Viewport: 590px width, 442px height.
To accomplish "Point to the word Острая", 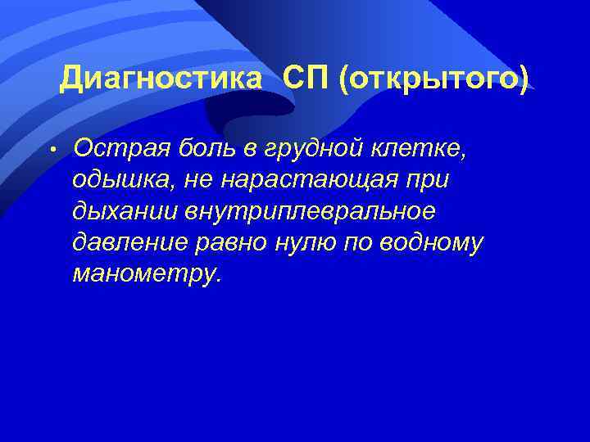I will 116,148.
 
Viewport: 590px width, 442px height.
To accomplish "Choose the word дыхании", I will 123,211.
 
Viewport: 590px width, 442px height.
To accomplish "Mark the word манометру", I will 146,274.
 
